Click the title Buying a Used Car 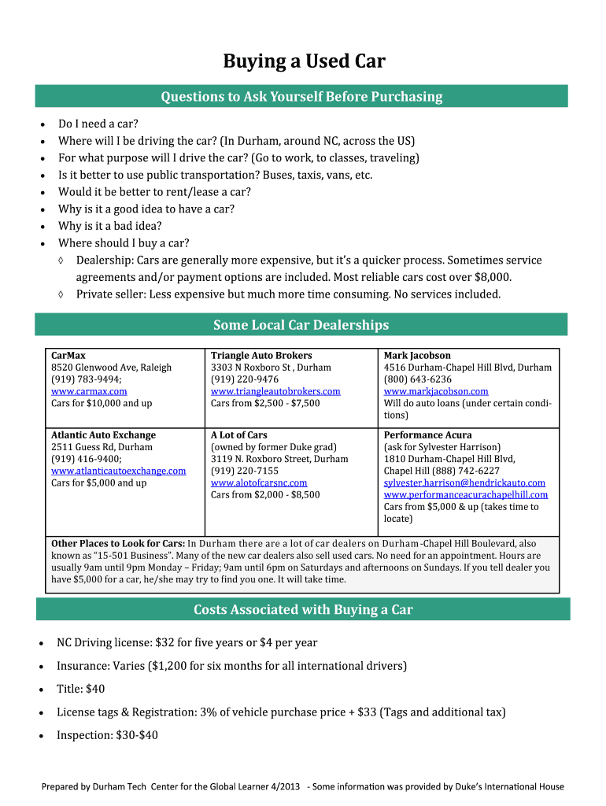point(304,61)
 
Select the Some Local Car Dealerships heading point(301,325)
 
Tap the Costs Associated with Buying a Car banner point(303,609)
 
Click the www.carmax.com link point(89,391)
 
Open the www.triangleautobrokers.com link point(275,391)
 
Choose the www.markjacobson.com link point(436,391)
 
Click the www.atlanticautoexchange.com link point(118,471)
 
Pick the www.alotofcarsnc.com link point(259,482)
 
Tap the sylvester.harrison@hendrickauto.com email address point(464,482)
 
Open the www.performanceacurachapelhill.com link point(466,494)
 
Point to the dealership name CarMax point(69,356)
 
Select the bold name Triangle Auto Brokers point(261,356)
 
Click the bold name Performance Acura point(425,435)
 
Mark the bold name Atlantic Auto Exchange point(103,435)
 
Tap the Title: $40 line point(80,689)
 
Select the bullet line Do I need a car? point(98,124)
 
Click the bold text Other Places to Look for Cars point(117,544)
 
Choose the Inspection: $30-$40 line point(107,735)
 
